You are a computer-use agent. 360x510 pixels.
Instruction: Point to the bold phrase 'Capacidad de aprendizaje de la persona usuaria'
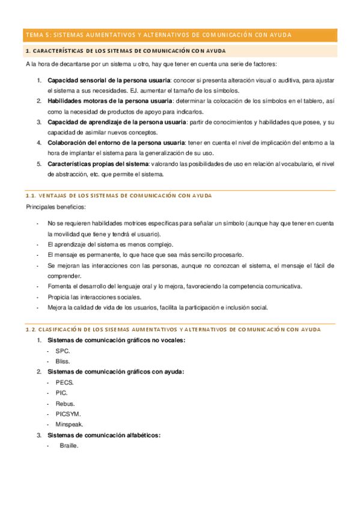coord(117,122)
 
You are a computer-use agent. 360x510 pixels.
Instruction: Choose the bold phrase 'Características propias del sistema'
coord(97,164)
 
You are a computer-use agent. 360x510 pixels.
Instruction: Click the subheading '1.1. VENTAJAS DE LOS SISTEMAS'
coord(118,195)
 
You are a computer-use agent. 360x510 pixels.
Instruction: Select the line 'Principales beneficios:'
coord(55,207)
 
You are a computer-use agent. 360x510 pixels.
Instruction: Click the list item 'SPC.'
coord(63,351)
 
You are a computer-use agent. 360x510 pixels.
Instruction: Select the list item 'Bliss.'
coord(63,361)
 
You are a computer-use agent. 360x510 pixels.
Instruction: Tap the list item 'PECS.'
coord(65,382)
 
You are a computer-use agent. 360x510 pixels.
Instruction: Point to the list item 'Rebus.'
coord(65,404)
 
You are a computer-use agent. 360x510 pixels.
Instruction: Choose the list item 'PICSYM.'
coord(68,414)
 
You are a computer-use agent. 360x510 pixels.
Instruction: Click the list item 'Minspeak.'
coord(70,425)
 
